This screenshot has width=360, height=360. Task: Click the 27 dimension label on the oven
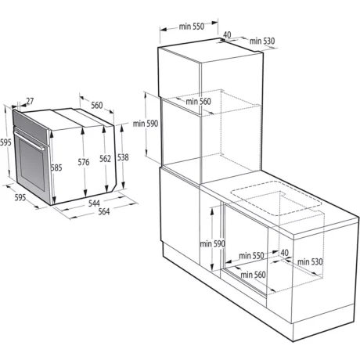[x=30, y=101]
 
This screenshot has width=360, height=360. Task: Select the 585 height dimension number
[x=56, y=167]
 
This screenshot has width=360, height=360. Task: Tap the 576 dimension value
[x=84, y=162]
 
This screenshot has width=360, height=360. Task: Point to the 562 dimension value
[x=105, y=159]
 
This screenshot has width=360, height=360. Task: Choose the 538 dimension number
[x=123, y=157]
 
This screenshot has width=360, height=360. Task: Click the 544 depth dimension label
[x=94, y=203]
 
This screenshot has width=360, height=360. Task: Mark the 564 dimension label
[x=104, y=211]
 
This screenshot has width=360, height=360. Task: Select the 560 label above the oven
[x=97, y=105]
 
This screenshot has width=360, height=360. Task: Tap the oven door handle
[x=29, y=140]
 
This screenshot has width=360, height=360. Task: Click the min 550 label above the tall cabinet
[x=192, y=27]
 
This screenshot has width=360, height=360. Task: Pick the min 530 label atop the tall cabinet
[x=262, y=41]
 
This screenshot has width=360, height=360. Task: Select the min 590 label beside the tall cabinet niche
[x=146, y=124]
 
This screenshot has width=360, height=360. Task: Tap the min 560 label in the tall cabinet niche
[x=198, y=101]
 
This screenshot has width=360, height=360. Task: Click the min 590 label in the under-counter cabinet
[x=212, y=244]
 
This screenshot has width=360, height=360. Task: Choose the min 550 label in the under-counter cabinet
[x=251, y=255]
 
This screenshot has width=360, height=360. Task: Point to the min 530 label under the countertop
[x=310, y=261]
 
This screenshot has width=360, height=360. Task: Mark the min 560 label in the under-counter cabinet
[x=253, y=275]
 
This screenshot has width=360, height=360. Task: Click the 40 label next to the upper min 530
[x=227, y=34]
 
